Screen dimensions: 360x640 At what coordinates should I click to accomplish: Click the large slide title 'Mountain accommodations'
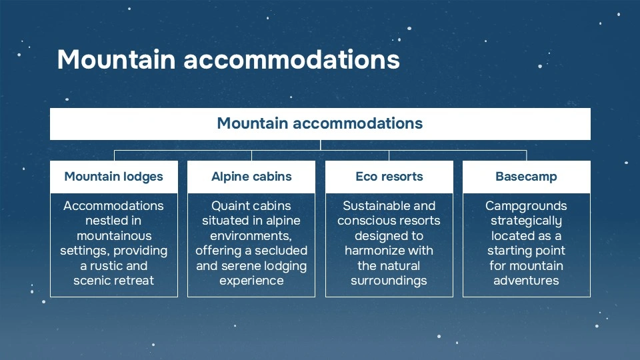click(228, 59)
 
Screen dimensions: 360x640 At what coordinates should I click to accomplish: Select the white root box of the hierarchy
click(320, 123)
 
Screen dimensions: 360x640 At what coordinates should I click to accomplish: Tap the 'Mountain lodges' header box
click(114, 177)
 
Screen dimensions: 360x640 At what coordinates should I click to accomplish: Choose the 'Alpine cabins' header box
click(251, 177)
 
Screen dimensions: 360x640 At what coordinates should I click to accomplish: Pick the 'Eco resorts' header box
click(389, 177)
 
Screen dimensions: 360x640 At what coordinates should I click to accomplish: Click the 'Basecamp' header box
click(526, 177)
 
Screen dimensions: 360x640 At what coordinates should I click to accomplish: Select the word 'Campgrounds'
click(526, 206)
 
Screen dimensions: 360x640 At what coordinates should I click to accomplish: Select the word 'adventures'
click(526, 281)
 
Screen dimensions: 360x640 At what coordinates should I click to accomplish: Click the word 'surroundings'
click(389, 281)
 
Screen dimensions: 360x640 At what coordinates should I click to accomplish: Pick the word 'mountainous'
click(114, 236)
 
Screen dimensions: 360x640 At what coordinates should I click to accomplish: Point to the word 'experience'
click(251, 281)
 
